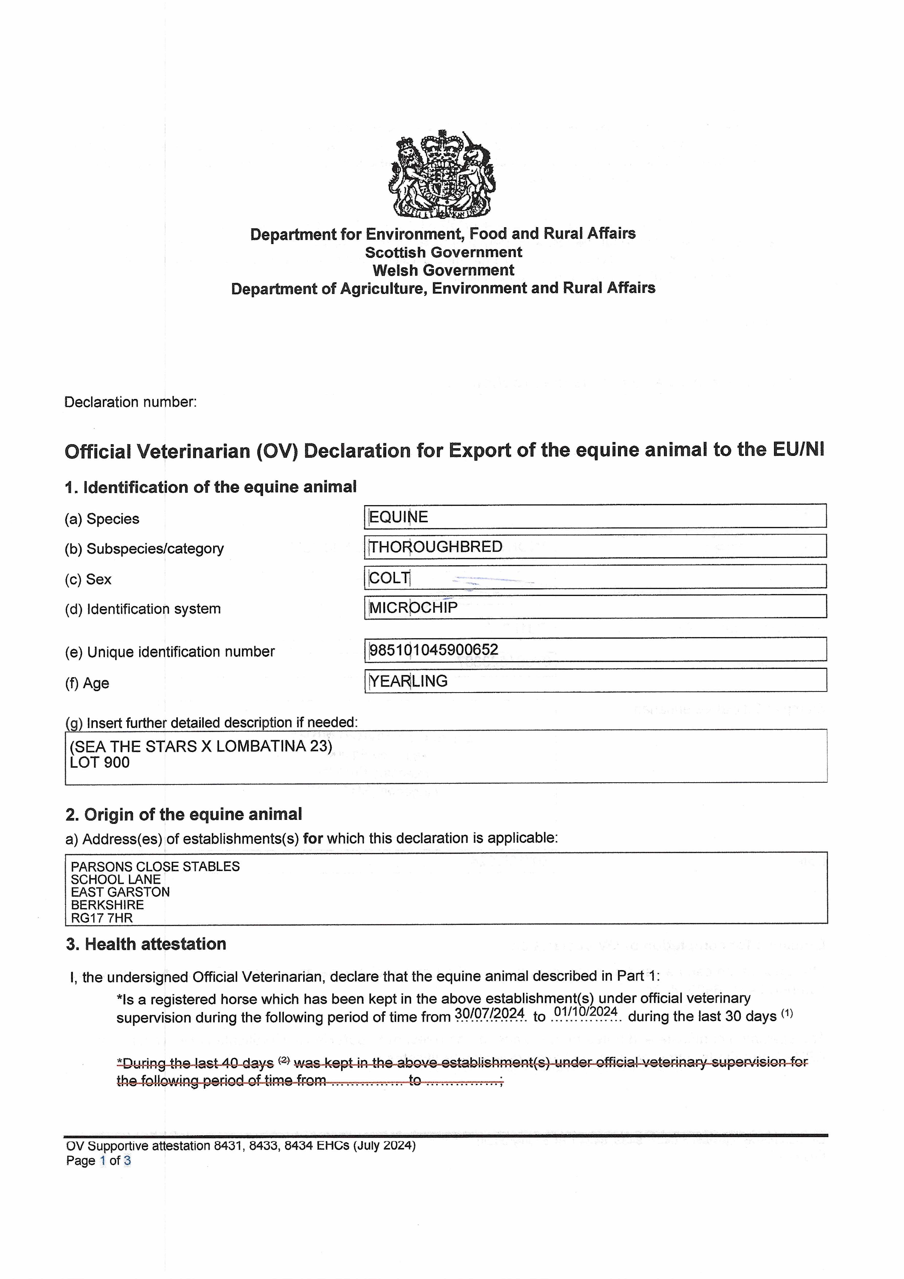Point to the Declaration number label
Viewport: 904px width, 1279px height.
pyautogui.click(x=130, y=402)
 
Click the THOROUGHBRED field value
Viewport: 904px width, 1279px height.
pyautogui.click(x=436, y=547)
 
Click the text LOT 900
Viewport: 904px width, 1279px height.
pyautogui.click(x=100, y=763)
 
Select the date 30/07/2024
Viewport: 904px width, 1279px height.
pyautogui.click(x=490, y=1013)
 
